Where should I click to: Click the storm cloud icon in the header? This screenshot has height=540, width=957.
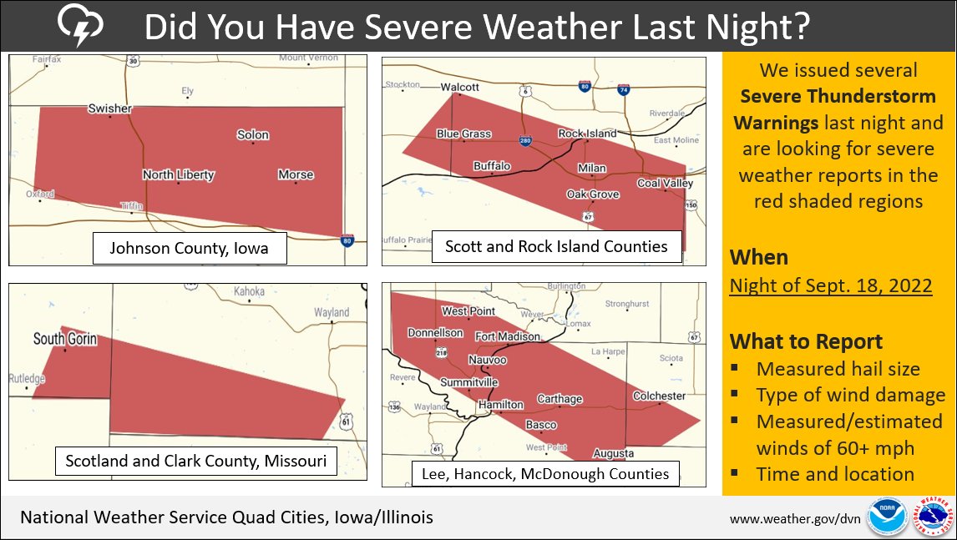click(80, 27)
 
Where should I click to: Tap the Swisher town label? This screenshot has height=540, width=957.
click(110, 109)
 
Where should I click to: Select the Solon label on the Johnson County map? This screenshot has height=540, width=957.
click(253, 134)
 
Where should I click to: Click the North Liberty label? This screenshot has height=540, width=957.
click(178, 174)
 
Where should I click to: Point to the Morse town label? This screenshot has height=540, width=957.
click(296, 174)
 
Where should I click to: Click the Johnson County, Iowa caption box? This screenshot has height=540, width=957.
click(189, 248)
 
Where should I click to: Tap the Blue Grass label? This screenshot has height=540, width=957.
click(463, 134)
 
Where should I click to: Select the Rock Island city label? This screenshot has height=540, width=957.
click(587, 134)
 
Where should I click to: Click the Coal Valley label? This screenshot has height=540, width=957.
click(665, 183)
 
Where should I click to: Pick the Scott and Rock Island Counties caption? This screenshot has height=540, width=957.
click(556, 246)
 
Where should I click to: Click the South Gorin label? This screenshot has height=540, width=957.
click(65, 339)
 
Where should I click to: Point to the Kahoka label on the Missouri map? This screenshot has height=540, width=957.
click(249, 291)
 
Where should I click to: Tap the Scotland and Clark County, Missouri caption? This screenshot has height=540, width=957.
click(196, 460)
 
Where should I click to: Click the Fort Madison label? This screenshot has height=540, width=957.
click(507, 336)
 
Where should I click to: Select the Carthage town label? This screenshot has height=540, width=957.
click(560, 399)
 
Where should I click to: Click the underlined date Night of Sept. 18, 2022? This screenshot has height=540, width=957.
click(830, 285)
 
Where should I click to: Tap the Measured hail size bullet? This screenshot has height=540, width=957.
click(838, 369)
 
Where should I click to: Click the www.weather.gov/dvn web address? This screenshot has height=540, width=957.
click(794, 518)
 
